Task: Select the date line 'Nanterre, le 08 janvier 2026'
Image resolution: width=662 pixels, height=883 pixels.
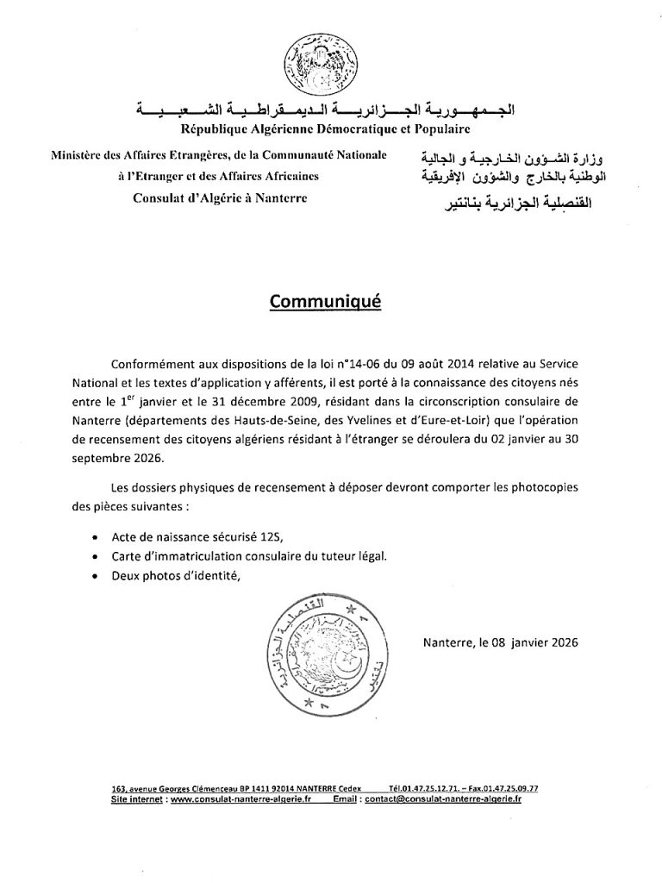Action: [501, 642]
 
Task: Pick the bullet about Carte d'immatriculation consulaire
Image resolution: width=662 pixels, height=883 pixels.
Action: [249, 556]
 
